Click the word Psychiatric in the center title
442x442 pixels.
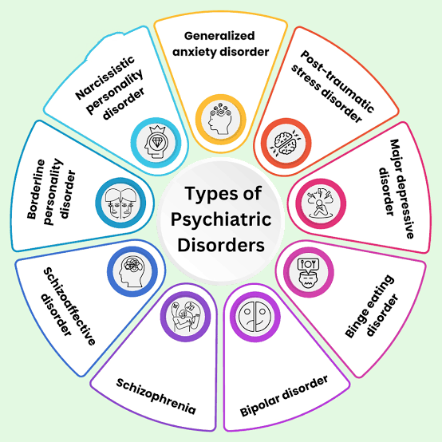221,219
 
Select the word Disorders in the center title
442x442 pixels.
221,245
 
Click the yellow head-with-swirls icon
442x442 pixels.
221,119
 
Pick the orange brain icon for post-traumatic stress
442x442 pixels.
286,143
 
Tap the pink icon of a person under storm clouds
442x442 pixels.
321,203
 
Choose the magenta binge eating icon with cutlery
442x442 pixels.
309,272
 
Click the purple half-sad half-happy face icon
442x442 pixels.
255,317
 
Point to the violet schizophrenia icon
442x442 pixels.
185,316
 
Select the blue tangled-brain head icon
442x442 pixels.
132,271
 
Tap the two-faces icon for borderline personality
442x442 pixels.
120,203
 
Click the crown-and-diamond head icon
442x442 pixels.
156,143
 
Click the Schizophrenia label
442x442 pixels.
156,396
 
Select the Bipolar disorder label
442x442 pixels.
284,396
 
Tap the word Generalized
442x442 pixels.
219,36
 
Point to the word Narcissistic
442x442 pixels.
105,78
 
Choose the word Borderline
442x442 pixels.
36,189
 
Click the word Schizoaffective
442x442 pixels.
69,306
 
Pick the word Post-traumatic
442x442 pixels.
337,81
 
